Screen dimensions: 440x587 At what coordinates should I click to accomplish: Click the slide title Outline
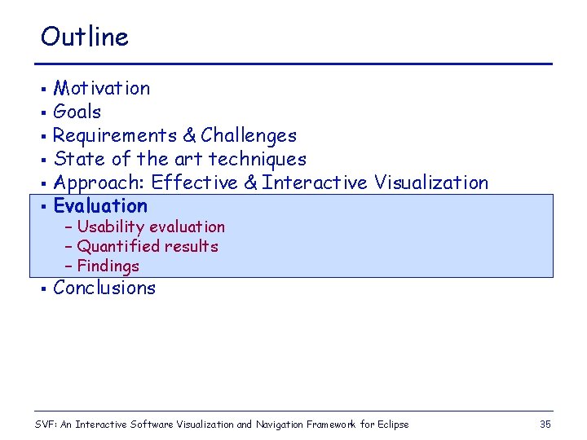coord(85,37)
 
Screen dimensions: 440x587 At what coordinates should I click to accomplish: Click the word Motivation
coord(102,88)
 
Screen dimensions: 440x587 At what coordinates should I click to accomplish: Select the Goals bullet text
coord(77,112)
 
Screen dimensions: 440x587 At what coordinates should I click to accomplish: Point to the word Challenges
coord(249,135)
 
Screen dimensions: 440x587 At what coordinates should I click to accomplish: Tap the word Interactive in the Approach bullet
coord(315,183)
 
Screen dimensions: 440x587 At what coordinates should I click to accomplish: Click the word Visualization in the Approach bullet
coord(431,183)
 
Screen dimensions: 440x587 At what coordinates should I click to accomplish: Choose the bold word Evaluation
coord(100,206)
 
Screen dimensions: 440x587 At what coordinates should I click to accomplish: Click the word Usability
coord(110,227)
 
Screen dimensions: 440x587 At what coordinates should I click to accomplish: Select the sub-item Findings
coord(108,266)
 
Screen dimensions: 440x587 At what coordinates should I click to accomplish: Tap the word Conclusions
coord(104,288)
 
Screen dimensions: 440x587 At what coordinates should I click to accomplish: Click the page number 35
coord(545,424)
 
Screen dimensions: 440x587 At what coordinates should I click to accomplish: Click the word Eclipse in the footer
coord(391,425)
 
